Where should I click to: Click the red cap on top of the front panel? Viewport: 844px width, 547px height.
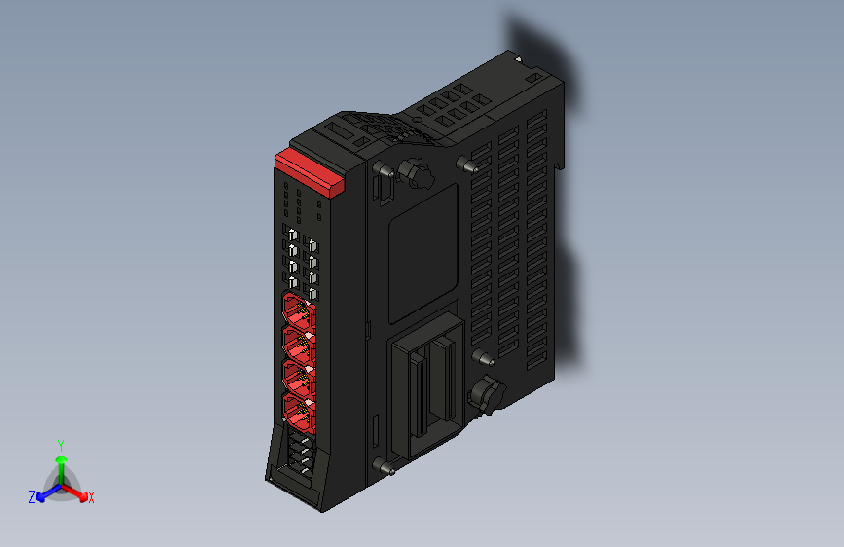tap(311, 171)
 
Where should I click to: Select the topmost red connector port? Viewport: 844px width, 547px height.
tap(297, 313)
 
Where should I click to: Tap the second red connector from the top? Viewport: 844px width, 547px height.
tap(297, 344)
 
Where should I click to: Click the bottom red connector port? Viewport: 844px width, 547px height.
tap(297, 410)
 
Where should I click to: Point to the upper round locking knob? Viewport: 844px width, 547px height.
tap(418, 175)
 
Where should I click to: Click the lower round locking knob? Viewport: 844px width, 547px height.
tap(484, 395)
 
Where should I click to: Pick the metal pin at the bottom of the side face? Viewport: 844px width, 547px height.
tap(388, 470)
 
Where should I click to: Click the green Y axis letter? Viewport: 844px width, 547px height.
tap(61, 443)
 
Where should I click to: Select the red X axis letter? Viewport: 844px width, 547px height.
tap(92, 498)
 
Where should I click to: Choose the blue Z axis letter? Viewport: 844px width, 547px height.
tap(32, 497)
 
